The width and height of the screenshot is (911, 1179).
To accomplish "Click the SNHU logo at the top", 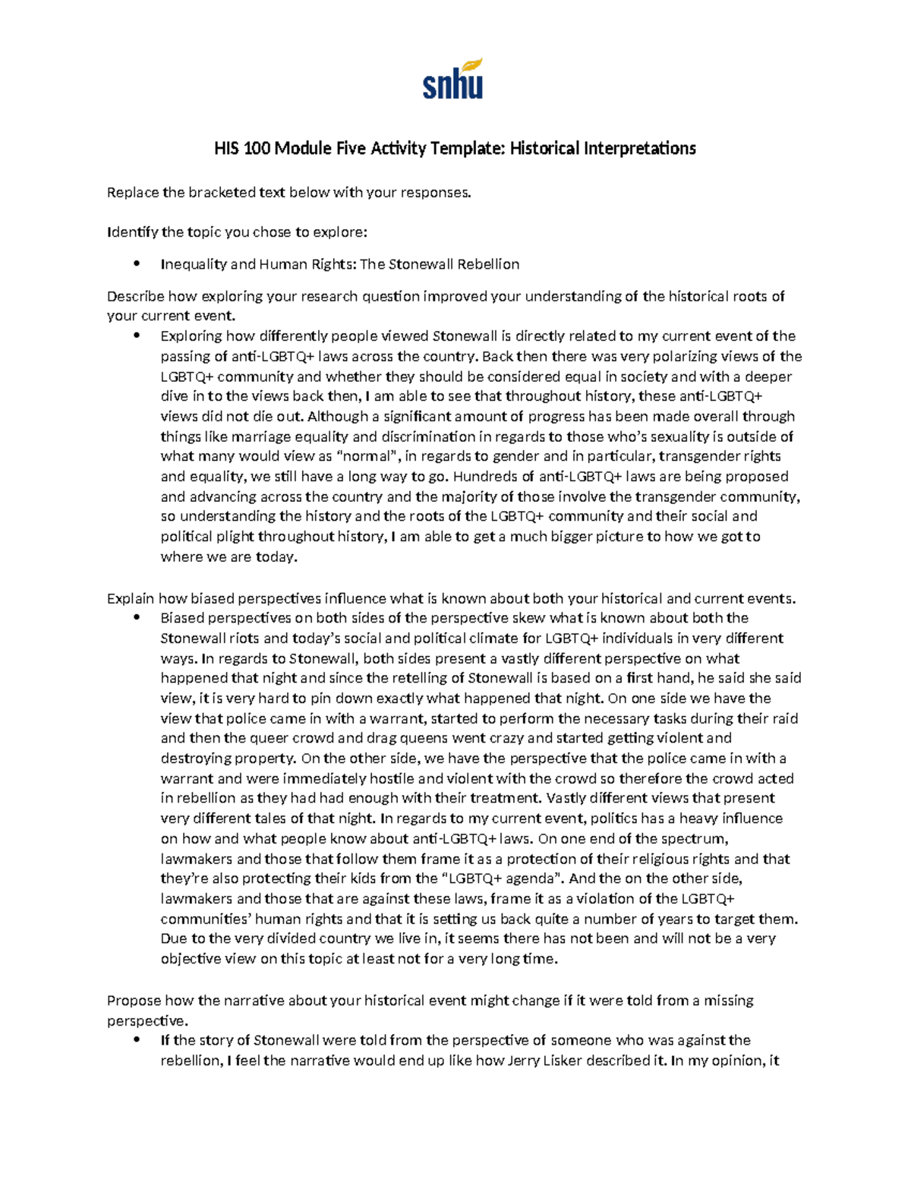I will click(x=453, y=80).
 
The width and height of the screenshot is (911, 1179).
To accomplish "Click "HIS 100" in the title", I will click(x=242, y=148).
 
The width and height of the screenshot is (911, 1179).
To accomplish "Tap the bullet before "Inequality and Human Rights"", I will click(x=137, y=264).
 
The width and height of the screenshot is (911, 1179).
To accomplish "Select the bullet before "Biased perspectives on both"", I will click(x=137, y=618).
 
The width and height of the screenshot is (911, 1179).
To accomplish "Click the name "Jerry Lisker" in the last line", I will click(x=564, y=1061).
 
